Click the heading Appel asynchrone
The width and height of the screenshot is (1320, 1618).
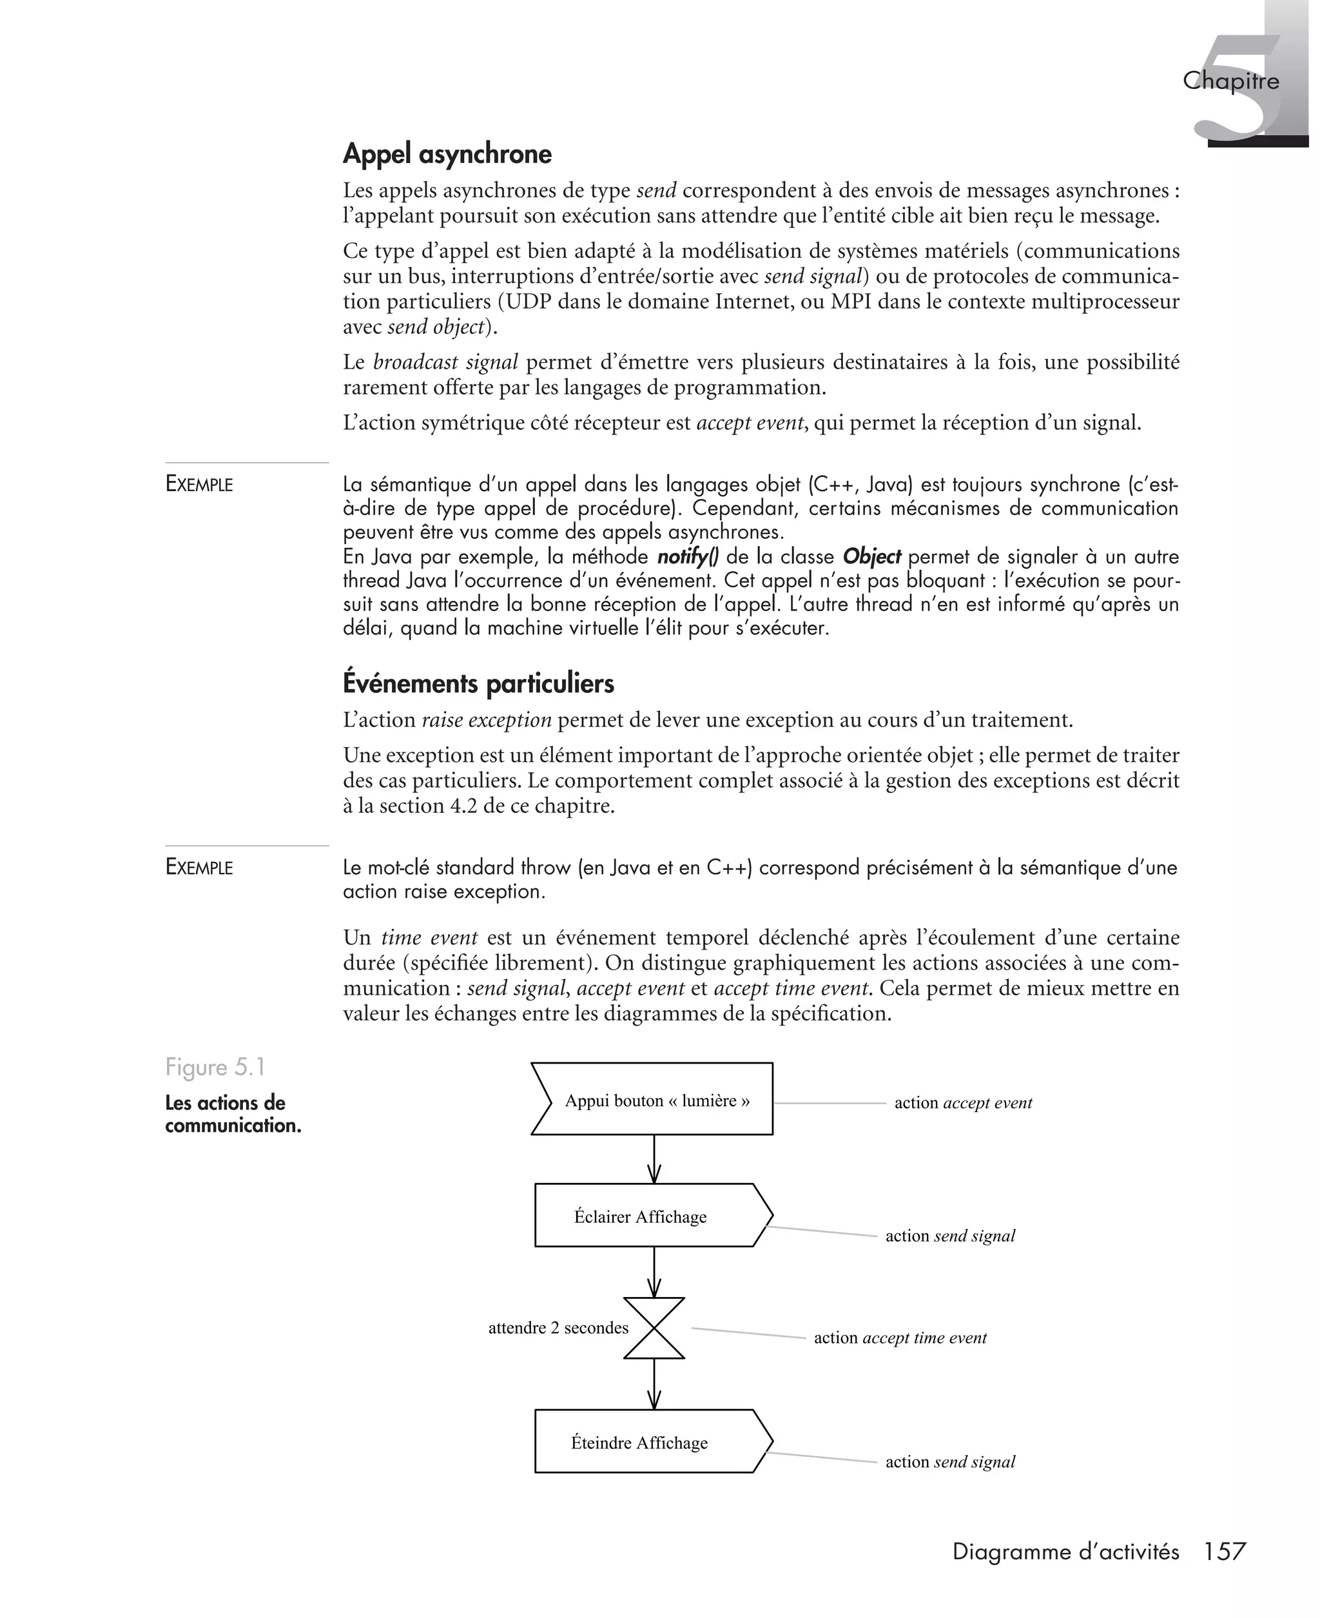[x=447, y=154]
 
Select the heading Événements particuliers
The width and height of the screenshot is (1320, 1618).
[x=478, y=683]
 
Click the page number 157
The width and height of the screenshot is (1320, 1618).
[x=1224, y=1551]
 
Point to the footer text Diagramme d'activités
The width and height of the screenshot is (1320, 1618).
[x=1065, y=1551]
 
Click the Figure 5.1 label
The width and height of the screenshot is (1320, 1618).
[x=215, y=1067]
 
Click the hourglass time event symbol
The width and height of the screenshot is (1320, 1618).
[x=654, y=1329]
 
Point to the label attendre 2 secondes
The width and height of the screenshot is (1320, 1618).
[x=558, y=1329]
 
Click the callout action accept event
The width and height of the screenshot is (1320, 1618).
[x=963, y=1103]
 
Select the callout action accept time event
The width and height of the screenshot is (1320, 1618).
[x=900, y=1338]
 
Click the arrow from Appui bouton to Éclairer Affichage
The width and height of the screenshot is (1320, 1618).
[x=654, y=1160]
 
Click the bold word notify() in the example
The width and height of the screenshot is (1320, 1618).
[x=687, y=558]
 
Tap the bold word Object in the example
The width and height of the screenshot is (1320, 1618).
[x=871, y=558]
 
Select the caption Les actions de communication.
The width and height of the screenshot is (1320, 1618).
[x=233, y=1114]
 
